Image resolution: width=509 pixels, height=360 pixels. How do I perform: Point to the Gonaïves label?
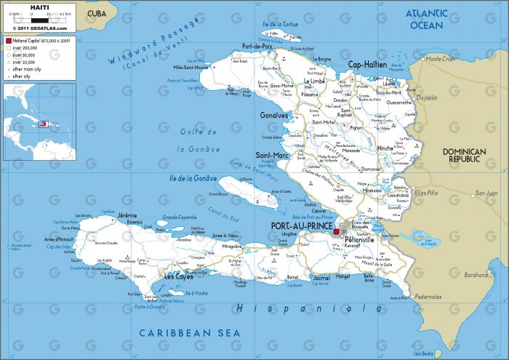[x=273, y=115]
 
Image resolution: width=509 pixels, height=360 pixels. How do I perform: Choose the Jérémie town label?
[x=127, y=215]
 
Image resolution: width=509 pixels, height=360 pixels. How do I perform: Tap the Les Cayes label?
[x=179, y=277]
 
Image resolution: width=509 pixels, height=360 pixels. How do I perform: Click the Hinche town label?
[x=386, y=147]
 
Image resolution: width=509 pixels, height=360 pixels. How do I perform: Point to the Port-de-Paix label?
[x=256, y=47]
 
